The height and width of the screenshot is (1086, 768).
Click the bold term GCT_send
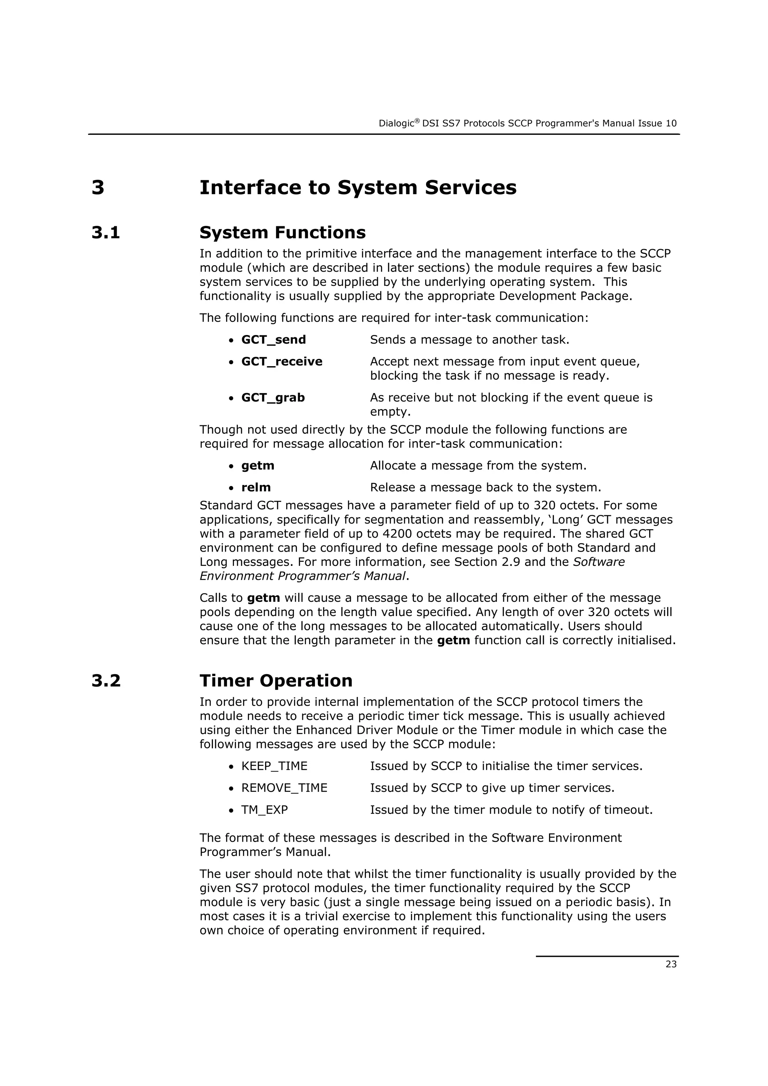[x=273, y=340]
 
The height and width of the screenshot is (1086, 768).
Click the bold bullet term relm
[x=256, y=487]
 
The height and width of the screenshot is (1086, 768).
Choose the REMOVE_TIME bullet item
[x=284, y=788]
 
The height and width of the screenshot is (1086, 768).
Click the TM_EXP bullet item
[x=264, y=810]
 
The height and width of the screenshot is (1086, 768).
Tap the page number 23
[x=671, y=964]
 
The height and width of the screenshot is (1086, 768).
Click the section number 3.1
[x=106, y=233]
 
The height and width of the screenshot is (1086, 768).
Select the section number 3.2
[x=106, y=681]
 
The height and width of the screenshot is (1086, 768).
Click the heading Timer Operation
[x=276, y=681]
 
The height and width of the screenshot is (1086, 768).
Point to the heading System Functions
[x=282, y=233]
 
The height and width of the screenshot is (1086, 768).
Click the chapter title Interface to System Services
[x=358, y=187]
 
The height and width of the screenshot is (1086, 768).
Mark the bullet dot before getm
[x=231, y=467]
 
